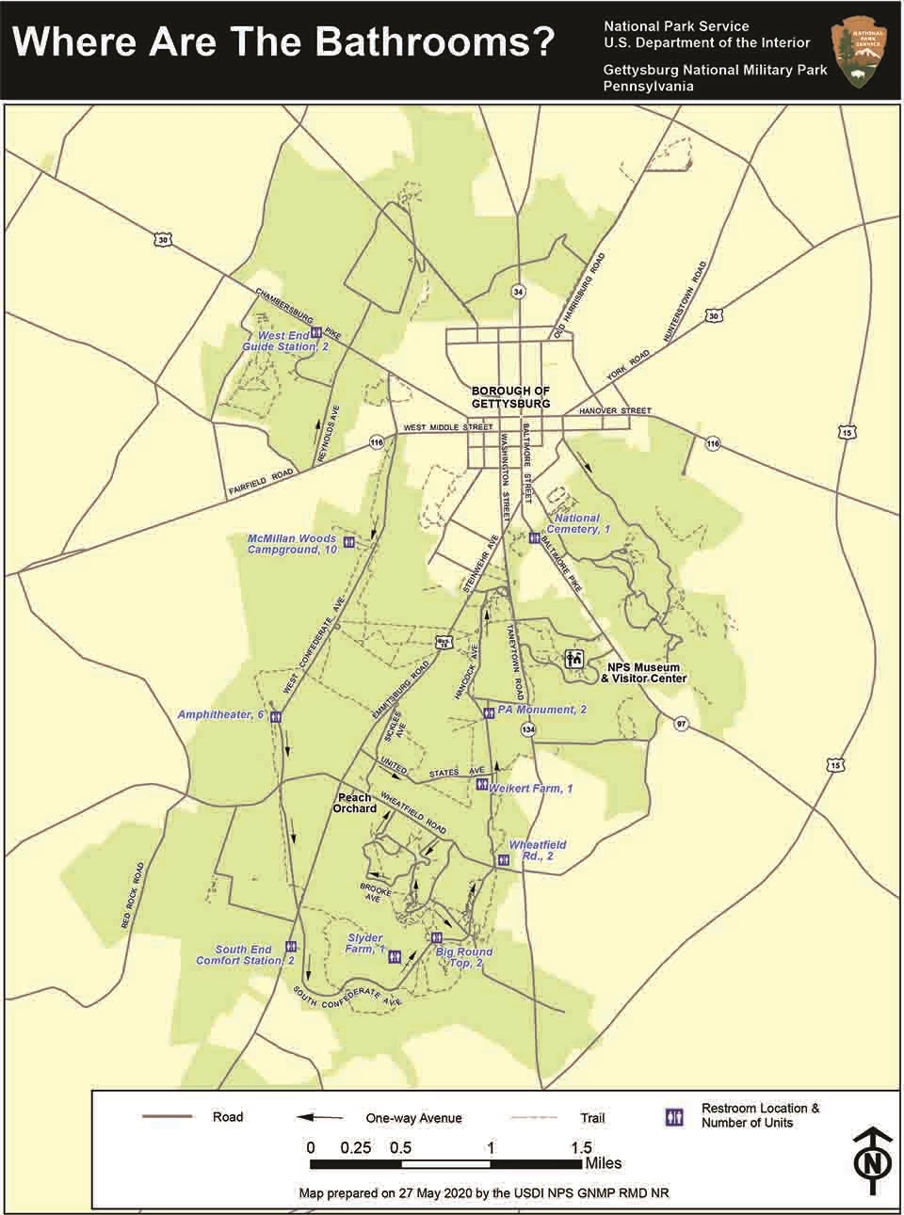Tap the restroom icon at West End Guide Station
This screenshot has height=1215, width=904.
[x=317, y=332]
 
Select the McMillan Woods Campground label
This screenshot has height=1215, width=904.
[x=292, y=544]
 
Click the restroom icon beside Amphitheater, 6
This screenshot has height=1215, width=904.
[x=276, y=716]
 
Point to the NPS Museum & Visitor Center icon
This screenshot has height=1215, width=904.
[x=573, y=659]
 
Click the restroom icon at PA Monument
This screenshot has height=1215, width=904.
[x=488, y=712]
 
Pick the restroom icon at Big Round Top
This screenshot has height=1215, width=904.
[x=437, y=937]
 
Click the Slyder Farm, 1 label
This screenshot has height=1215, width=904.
[x=365, y=944]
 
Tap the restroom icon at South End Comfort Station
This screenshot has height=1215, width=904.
[x=291, y=947]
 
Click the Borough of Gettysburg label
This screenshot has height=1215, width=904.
[x=509, y=396]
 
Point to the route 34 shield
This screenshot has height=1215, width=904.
[x=517, y=292]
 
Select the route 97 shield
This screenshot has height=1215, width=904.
[x=680, y=723]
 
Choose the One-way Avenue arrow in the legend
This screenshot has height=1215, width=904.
[x=320, y=1117]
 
